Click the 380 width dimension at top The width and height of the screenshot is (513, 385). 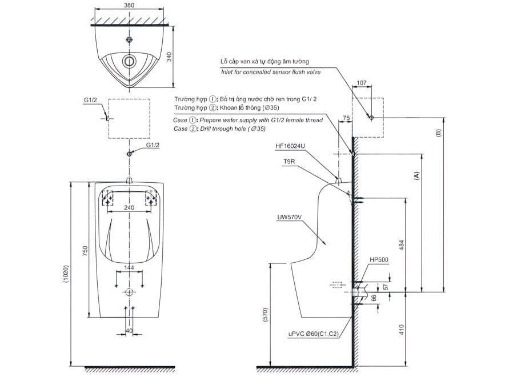click(129, 5)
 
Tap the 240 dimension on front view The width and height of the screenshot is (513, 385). click(129, 207)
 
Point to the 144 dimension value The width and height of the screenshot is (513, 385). click(129, 267)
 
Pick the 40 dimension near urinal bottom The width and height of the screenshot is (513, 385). click(129, 330)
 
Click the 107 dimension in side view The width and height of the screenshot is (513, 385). click(360, 82)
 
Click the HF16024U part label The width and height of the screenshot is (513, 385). click(290, 146)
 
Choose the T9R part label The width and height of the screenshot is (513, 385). click(289, 162)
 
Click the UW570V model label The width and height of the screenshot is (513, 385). click(288, 216)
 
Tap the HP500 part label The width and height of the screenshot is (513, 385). click(379, 260)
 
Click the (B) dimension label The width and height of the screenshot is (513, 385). click(438, 133)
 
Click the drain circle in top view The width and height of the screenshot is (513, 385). click(130, 61)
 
